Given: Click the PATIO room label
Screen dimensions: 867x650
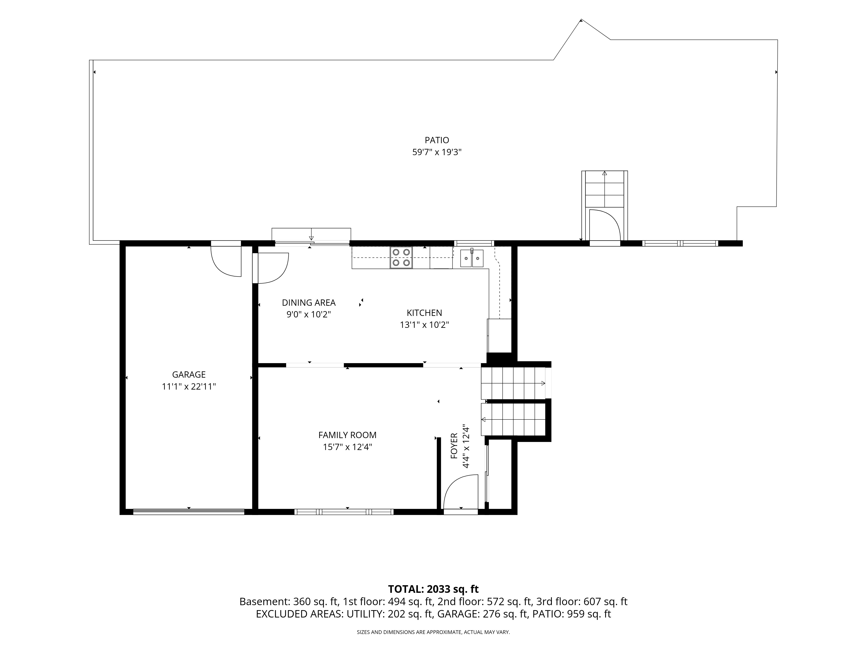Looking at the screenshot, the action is pyautogui.click(x=437, y=140).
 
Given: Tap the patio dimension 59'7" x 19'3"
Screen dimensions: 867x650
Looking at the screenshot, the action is pyautogui.click(x=437, y=152).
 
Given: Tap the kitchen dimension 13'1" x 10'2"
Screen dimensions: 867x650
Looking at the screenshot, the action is pyautogui.click(x=424, y=325).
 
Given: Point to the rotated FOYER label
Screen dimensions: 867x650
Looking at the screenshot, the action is pyautogui.click(x=454, y=446).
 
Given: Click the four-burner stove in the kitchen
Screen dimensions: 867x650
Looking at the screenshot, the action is pyautogui.click(x=401, y=257).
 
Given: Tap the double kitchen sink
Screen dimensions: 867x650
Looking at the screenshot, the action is pyautogui.click(x=472, y=258).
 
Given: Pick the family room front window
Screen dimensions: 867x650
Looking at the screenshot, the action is pyautogui.click(x=344, y=512).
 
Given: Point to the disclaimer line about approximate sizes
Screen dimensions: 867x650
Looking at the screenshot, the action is pyautogui.click(x=433, y=632).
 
